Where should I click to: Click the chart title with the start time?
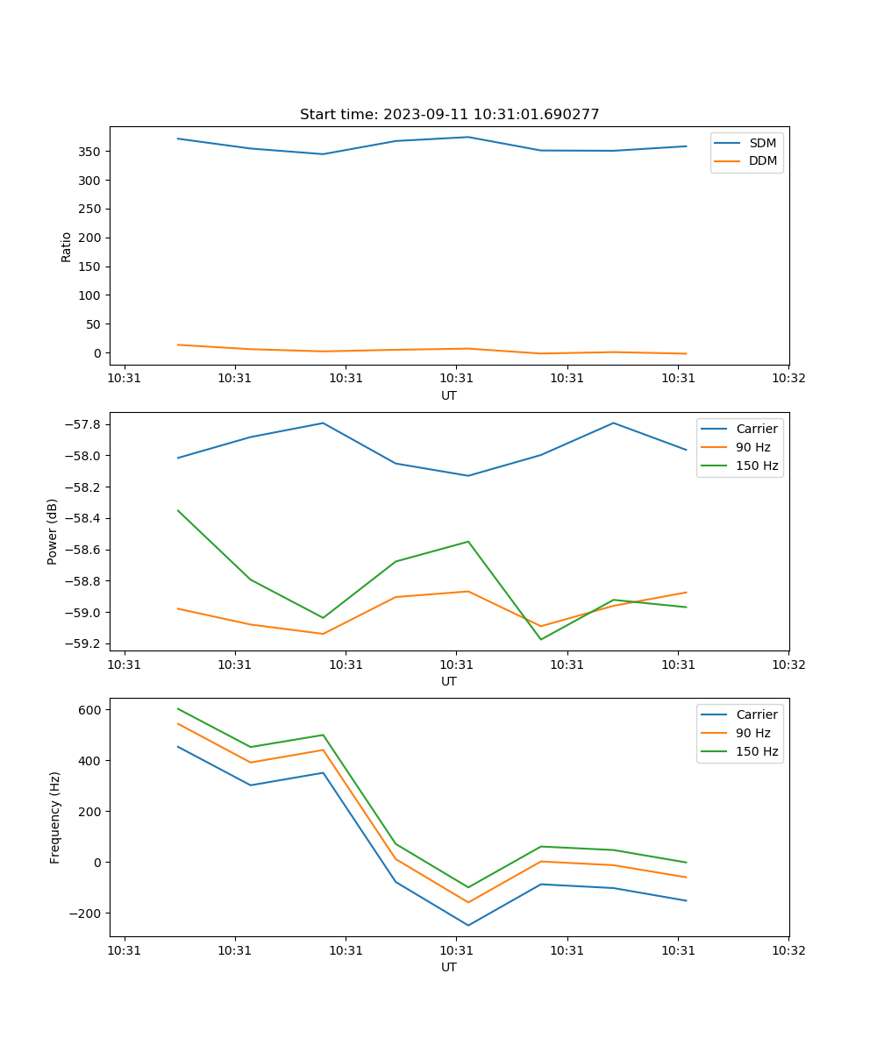449,115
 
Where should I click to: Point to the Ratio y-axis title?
67,246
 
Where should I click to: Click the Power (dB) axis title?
53,531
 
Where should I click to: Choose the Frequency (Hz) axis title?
55,817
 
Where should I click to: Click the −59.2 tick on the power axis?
82,643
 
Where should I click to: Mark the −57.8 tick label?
82,425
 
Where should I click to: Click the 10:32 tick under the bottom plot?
788,949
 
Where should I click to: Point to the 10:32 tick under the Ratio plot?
788,378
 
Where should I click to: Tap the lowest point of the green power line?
540,639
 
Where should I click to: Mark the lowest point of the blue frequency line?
468,925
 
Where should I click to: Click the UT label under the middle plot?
449,681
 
